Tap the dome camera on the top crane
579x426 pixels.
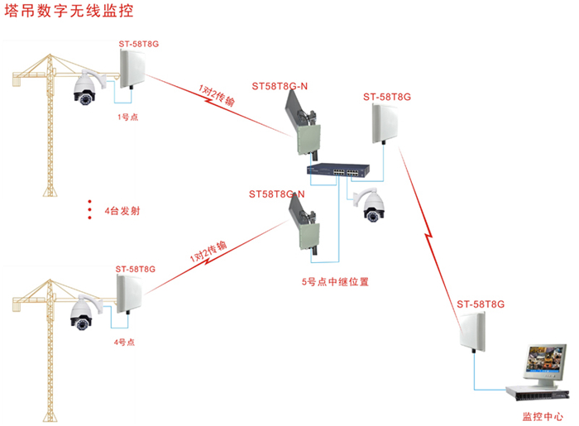click(85, 90)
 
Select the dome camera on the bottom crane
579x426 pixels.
click(81, 311)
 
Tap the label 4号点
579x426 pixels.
click(125, 342)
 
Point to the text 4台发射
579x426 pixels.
click(122, 211)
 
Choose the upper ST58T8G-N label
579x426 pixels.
click(280, 87)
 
